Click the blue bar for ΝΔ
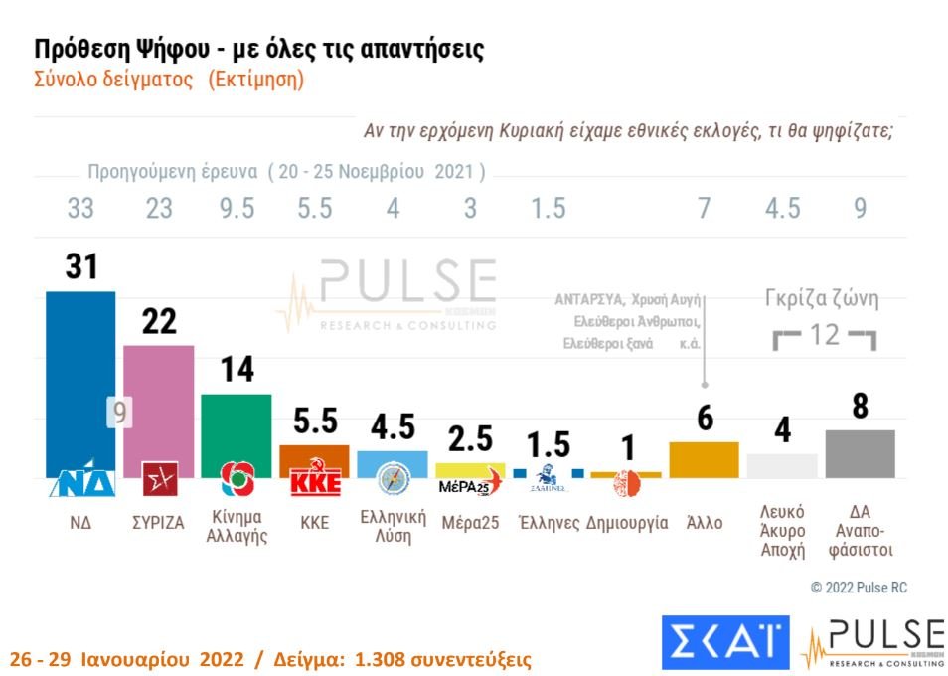click(80, 378)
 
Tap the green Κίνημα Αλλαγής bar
click(236, 427)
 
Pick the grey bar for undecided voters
click(860, 453)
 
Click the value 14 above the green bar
click(236, 370)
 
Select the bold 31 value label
click(80, 267)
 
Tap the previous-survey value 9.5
click(236, 209)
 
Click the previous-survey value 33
click(80, 209)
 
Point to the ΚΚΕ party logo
click(314, 484)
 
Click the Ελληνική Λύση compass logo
click(392, 481)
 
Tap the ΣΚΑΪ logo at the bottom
click(724, 642)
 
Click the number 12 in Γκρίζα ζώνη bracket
click(825, 335)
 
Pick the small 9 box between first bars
click(119, 413)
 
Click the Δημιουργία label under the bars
click(627, 523)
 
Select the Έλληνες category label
click(550, 523)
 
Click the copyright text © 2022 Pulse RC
click(859, 588)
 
